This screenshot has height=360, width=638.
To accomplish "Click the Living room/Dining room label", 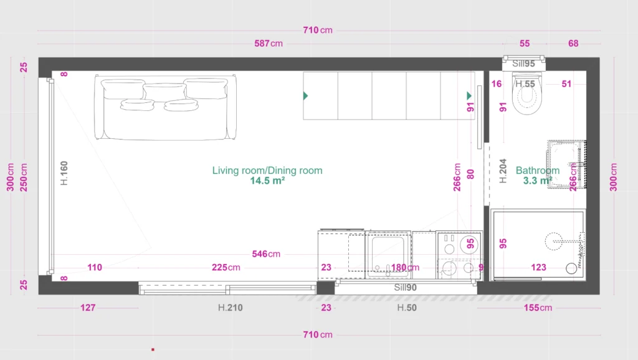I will click(x=267, y=170).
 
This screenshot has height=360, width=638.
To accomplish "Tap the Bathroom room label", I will click(x=537, y=170).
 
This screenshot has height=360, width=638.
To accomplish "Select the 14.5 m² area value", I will click(x=267, y=181).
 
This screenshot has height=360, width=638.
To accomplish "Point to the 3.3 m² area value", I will click(x=537, y=181).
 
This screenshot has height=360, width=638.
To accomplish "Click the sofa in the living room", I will click(x=165, y=107).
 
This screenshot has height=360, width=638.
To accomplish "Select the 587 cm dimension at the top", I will click(x=269, y=44).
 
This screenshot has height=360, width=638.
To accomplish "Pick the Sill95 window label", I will click(x=524, y=64).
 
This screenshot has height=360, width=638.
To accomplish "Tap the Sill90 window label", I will click(x=406, y=288).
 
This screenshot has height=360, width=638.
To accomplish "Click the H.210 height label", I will click(x=230, y=308).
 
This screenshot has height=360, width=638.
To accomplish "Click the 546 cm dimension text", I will click(x=265, y=254).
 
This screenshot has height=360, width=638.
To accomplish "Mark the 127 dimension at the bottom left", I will click(x=88, y=308).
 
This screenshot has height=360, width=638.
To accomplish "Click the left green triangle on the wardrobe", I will click(x=305, y=95).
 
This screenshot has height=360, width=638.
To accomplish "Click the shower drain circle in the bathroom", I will click(x=554, y=242).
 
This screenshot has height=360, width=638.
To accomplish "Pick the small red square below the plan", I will click(x=153, y=349).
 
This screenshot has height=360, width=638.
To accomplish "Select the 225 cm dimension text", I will click(x=226, y=268).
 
